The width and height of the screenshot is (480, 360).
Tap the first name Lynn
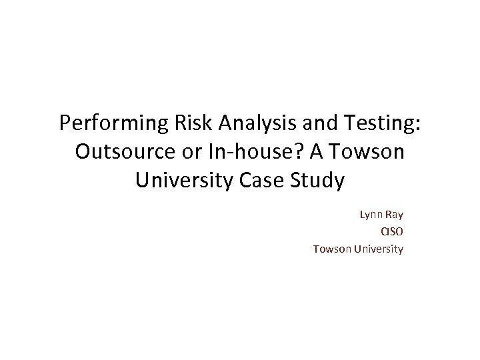(371, 215)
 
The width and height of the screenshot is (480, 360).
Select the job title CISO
(391, 232)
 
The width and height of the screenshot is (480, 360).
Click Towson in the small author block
(332, 249)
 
